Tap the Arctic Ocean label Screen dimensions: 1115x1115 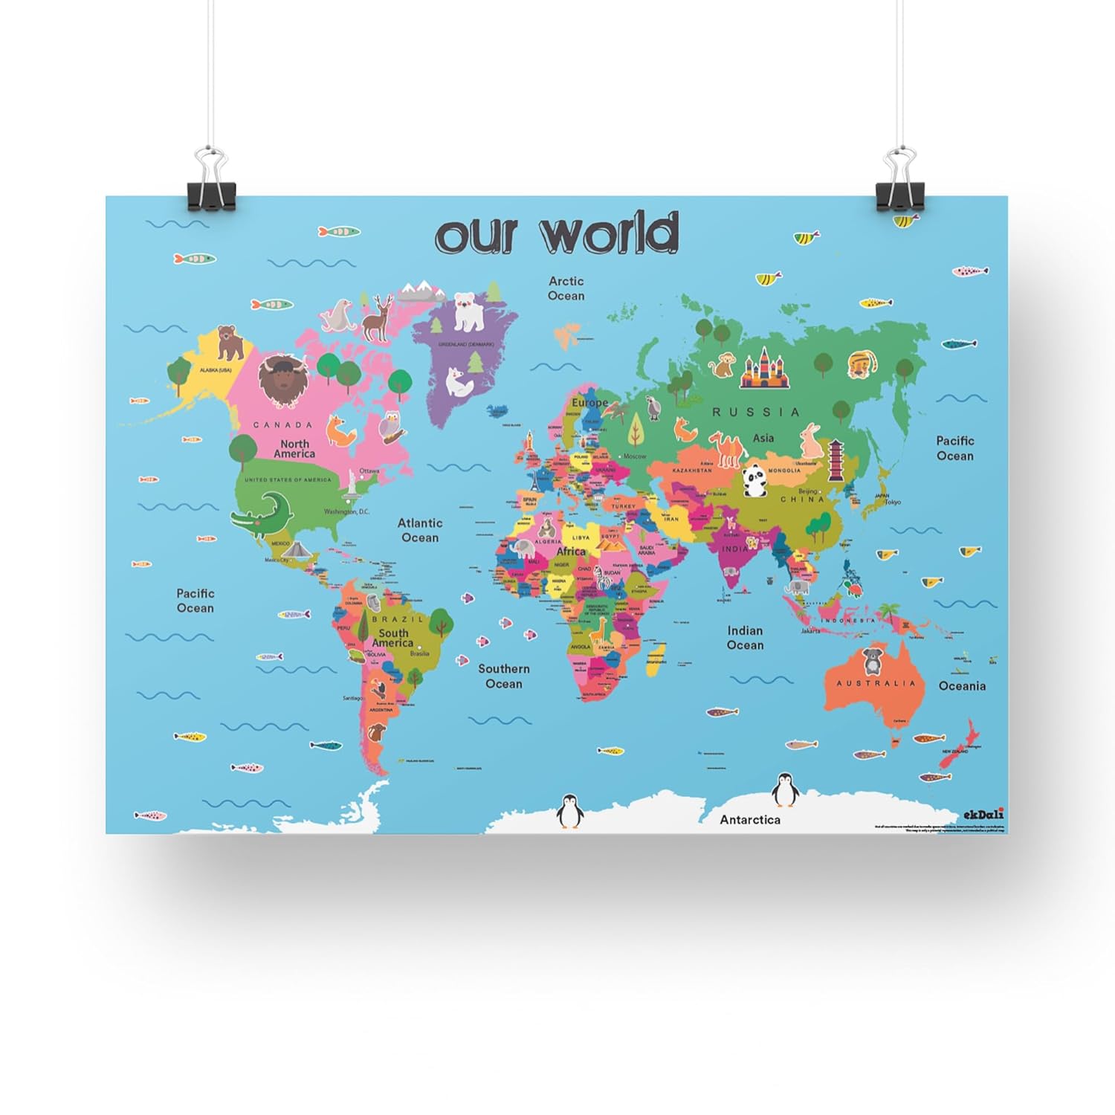566,288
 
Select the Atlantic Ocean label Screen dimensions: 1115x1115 420,530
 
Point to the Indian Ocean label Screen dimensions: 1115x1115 745,638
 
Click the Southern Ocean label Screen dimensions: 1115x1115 504,676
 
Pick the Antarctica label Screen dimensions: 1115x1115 750,819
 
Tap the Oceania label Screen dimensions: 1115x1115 962,686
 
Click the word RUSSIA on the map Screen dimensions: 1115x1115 756,412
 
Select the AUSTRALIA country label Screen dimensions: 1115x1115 876,683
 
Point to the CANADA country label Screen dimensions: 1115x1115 283,425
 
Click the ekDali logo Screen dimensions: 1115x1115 983,814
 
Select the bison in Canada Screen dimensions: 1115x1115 282,379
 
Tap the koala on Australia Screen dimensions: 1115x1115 870,660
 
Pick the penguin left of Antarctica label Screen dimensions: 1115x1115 570,811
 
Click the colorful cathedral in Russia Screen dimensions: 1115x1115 763,369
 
